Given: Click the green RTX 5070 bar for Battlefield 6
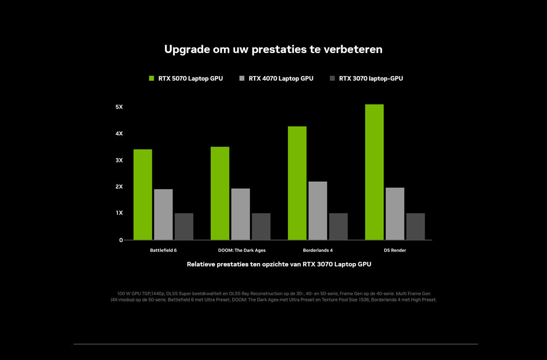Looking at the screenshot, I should [143, 195].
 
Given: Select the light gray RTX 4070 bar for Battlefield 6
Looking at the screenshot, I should [163, 214].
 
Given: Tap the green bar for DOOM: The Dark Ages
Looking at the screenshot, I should [220, 193].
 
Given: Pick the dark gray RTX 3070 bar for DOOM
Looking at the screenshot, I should [261, 227].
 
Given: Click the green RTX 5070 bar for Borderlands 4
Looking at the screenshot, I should [297, 183].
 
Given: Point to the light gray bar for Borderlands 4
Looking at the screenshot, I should [318, 211].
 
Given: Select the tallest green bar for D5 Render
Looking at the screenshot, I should [374, 172].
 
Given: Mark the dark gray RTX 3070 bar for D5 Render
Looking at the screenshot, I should [415, 227].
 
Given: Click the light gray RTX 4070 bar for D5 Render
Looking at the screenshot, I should [395, 213].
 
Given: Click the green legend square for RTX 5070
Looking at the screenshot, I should [152, 78].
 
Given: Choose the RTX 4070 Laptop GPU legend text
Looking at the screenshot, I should [281, 78].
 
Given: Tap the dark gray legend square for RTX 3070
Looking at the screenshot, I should [332, 78].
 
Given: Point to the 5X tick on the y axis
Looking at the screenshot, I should [119, 107].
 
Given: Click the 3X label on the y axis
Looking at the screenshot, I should [119, 160].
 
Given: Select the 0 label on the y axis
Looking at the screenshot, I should [121, 240].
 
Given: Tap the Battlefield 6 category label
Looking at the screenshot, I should [163, 250].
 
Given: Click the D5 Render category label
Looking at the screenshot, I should [395, 250].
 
